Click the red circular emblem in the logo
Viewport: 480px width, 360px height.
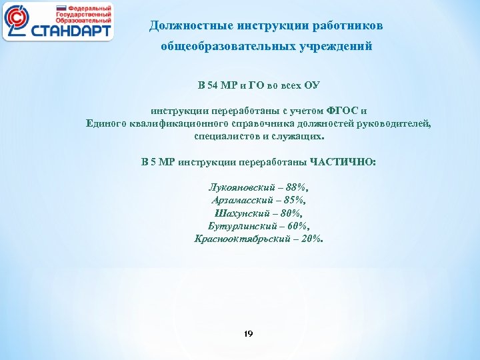coord(19,21)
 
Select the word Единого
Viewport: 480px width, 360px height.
coord(108,123)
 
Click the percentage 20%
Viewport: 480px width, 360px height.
coord(310,238)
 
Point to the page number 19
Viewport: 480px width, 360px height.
coord(249,333)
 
